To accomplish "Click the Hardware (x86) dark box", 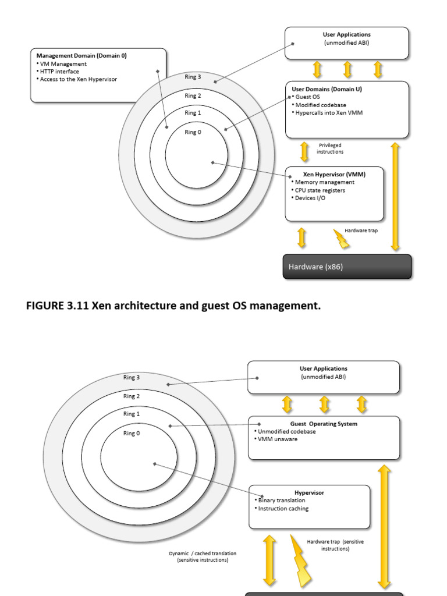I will (x=347, y=267).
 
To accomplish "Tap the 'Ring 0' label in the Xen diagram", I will (x=193, y=132).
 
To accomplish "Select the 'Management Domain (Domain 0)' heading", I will (x=81, y=56).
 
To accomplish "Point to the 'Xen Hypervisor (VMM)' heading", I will (x=335, y=174).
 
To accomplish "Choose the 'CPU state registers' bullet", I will (x=320, y=190).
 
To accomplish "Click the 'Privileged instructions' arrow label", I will (x=330, y=148).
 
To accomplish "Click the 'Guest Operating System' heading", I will (x=324, y=424).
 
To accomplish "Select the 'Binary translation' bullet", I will (x=281, y=501).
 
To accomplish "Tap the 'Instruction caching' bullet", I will (x=283, y=509).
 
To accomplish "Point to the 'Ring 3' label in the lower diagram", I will (x=132, y=377).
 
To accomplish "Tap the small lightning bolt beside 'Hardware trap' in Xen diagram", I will (x=340, y=238).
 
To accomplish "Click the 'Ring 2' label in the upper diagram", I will (x=193, y=96).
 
